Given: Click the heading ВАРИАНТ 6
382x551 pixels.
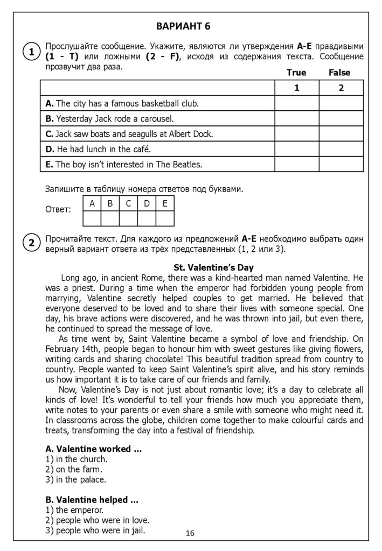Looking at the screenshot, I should coord(183,26).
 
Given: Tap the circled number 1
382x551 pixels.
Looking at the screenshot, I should coord(31,52).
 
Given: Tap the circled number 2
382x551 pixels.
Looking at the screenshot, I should coord(31,243).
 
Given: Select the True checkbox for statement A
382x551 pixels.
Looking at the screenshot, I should coord(296,103).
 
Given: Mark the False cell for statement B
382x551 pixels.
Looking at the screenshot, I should coord(341,118).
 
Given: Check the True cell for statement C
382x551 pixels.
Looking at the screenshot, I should coord(296,134).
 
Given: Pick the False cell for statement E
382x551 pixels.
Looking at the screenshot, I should coord(341,165).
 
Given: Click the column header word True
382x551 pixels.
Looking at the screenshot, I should coord(296,73).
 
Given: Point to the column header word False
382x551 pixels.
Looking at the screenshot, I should coord(339,73).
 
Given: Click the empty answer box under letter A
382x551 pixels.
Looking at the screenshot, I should coord(92,218).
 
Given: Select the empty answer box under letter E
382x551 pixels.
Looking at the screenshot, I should coord(165,218).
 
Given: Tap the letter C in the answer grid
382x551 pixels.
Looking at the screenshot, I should coord(128,203).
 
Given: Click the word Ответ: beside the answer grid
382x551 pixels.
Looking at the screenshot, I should coord(58,209).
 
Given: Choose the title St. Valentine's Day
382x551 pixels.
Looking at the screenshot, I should coord(213,267).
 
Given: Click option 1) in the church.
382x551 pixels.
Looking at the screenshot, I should coord(77,459).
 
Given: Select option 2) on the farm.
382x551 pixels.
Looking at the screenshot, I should coord(74,469).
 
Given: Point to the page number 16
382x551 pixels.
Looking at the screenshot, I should coord(190,533).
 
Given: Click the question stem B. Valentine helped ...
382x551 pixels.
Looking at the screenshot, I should coord(92,500).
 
